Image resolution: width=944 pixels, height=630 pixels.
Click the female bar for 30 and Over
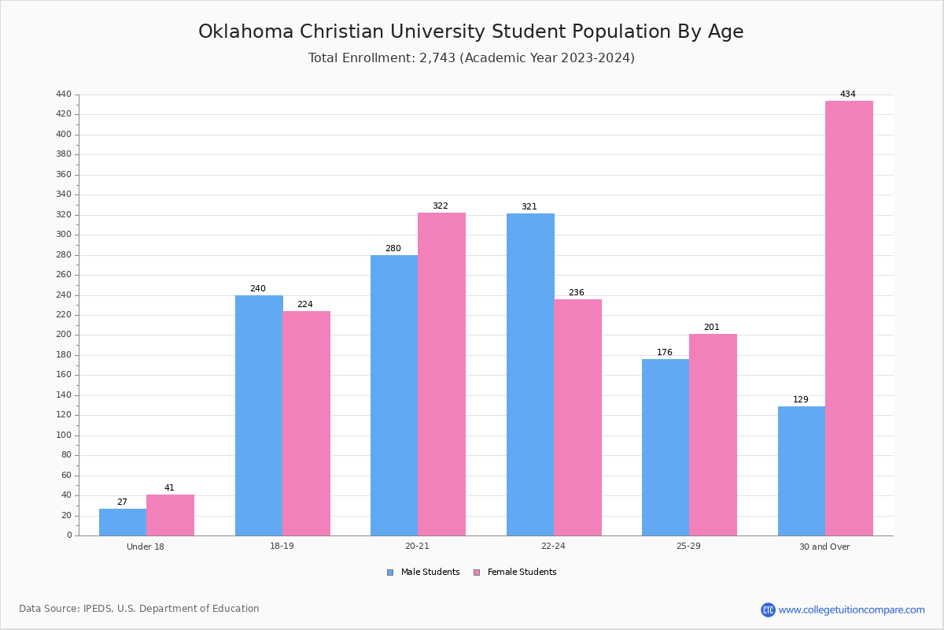(x=849, y=318)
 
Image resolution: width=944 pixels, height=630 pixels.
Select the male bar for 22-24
(x=530, y=374)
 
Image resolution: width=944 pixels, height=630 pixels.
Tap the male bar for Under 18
(x=123, y=522)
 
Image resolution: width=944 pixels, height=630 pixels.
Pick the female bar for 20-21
(x=441, y=374)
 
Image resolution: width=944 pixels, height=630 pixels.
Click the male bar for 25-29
(x=666, y=447)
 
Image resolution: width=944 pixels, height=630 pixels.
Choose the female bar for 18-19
(x=307, y=423)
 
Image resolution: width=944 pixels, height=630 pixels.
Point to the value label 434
(x=847, y=94)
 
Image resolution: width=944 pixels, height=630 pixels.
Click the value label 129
(x=800, y=400)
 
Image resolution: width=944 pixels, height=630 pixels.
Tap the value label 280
(x=393, y=249)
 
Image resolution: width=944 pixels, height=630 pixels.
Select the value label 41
(x=169, y=488)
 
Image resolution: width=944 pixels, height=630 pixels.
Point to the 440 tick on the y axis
(x=64, y=94)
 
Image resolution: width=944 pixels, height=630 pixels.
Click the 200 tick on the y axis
(x=64, y=335)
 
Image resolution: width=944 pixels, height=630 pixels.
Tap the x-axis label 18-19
(x=282, y=547)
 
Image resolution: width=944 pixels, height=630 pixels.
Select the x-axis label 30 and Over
(x=824, y=547)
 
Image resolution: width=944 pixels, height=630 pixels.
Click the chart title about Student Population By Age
(x=470, y=31)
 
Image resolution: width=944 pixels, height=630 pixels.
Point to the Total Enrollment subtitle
(x=470, y=58)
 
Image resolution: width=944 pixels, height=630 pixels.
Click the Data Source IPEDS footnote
(x=139, y=609)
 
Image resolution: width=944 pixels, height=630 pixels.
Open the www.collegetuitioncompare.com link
(x=851, y=610)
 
